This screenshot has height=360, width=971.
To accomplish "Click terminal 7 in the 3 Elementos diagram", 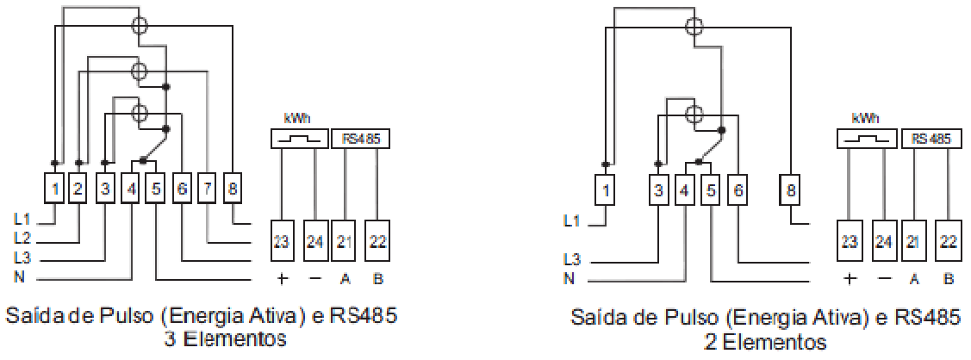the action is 207,189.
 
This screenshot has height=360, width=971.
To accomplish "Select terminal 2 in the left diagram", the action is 78,189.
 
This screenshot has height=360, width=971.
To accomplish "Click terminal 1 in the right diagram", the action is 606,189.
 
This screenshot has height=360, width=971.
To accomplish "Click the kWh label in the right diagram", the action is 865,119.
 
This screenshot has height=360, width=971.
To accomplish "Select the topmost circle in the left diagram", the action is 140,26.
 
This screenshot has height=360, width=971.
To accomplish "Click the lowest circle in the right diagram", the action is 695,113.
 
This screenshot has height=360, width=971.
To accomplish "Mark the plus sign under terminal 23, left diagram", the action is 282,279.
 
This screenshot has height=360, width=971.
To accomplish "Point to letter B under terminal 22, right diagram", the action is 948,279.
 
